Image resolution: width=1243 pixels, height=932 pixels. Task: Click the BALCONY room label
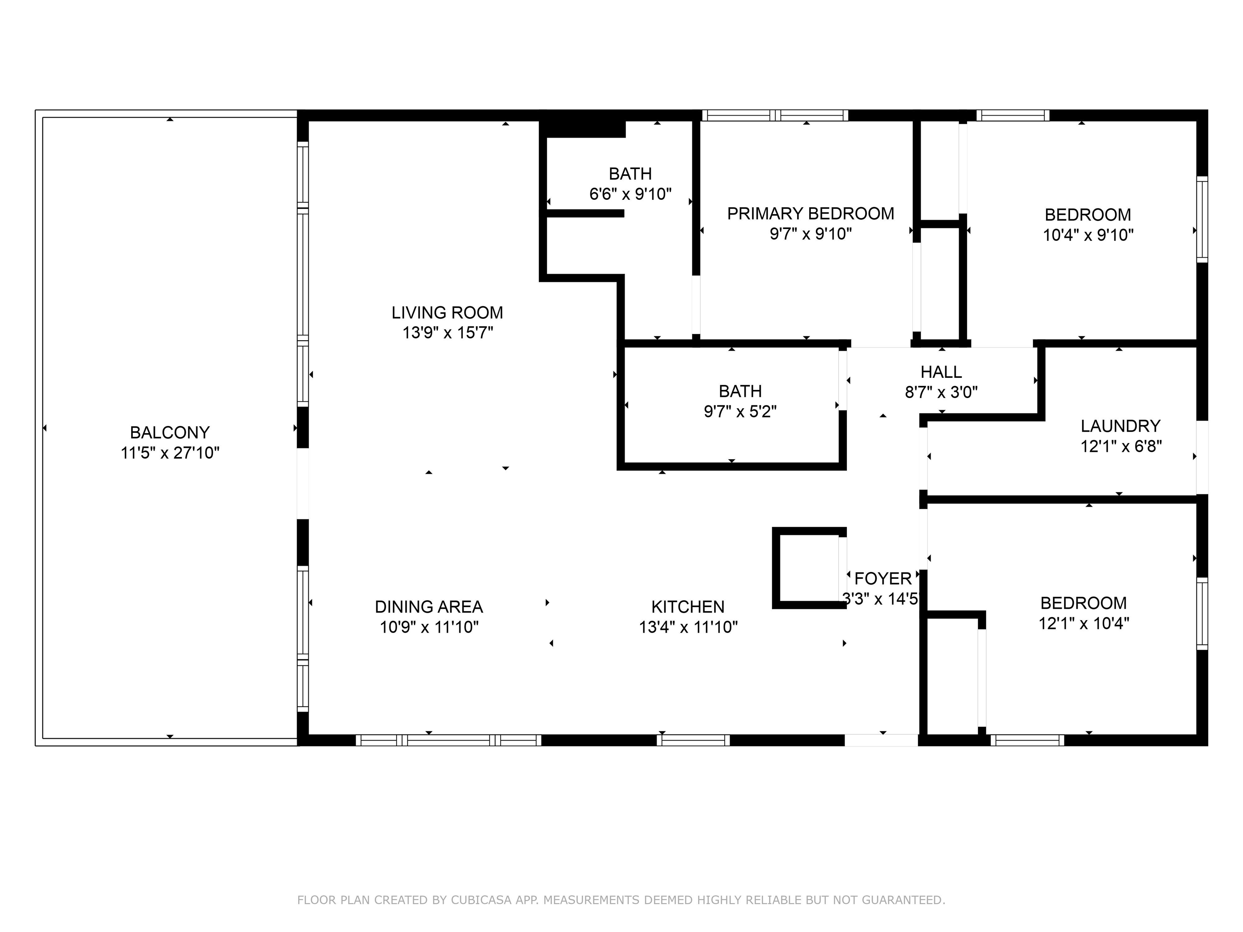coord(170,432)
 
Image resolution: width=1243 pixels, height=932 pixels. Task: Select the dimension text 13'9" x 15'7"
coord(447,333)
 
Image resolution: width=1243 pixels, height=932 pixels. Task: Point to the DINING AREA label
coord(429,607)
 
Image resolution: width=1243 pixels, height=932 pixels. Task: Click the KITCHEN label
coord(688,607)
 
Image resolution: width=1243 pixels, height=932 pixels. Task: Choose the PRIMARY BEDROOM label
coord(810,214)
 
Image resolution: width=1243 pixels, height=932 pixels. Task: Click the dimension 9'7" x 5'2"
coord(740,411)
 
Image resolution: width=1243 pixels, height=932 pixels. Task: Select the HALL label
coord(941,372)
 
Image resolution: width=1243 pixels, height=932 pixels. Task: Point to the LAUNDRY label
coord(1120,426)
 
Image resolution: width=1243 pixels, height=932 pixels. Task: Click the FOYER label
coord(883,578)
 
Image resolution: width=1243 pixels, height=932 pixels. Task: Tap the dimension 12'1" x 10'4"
coord(1084,623)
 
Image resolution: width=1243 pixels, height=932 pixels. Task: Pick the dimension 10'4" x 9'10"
coord(1088,235)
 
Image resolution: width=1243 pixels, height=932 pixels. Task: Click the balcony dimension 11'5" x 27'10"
coord(170,453)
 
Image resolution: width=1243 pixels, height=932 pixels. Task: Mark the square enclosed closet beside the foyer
coord(809,568)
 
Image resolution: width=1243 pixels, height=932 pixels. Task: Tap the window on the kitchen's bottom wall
coord(693,740)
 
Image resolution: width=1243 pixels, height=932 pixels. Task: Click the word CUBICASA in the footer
coord(481,900)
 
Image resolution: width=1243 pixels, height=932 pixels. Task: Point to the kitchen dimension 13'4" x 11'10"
coord(688,627)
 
